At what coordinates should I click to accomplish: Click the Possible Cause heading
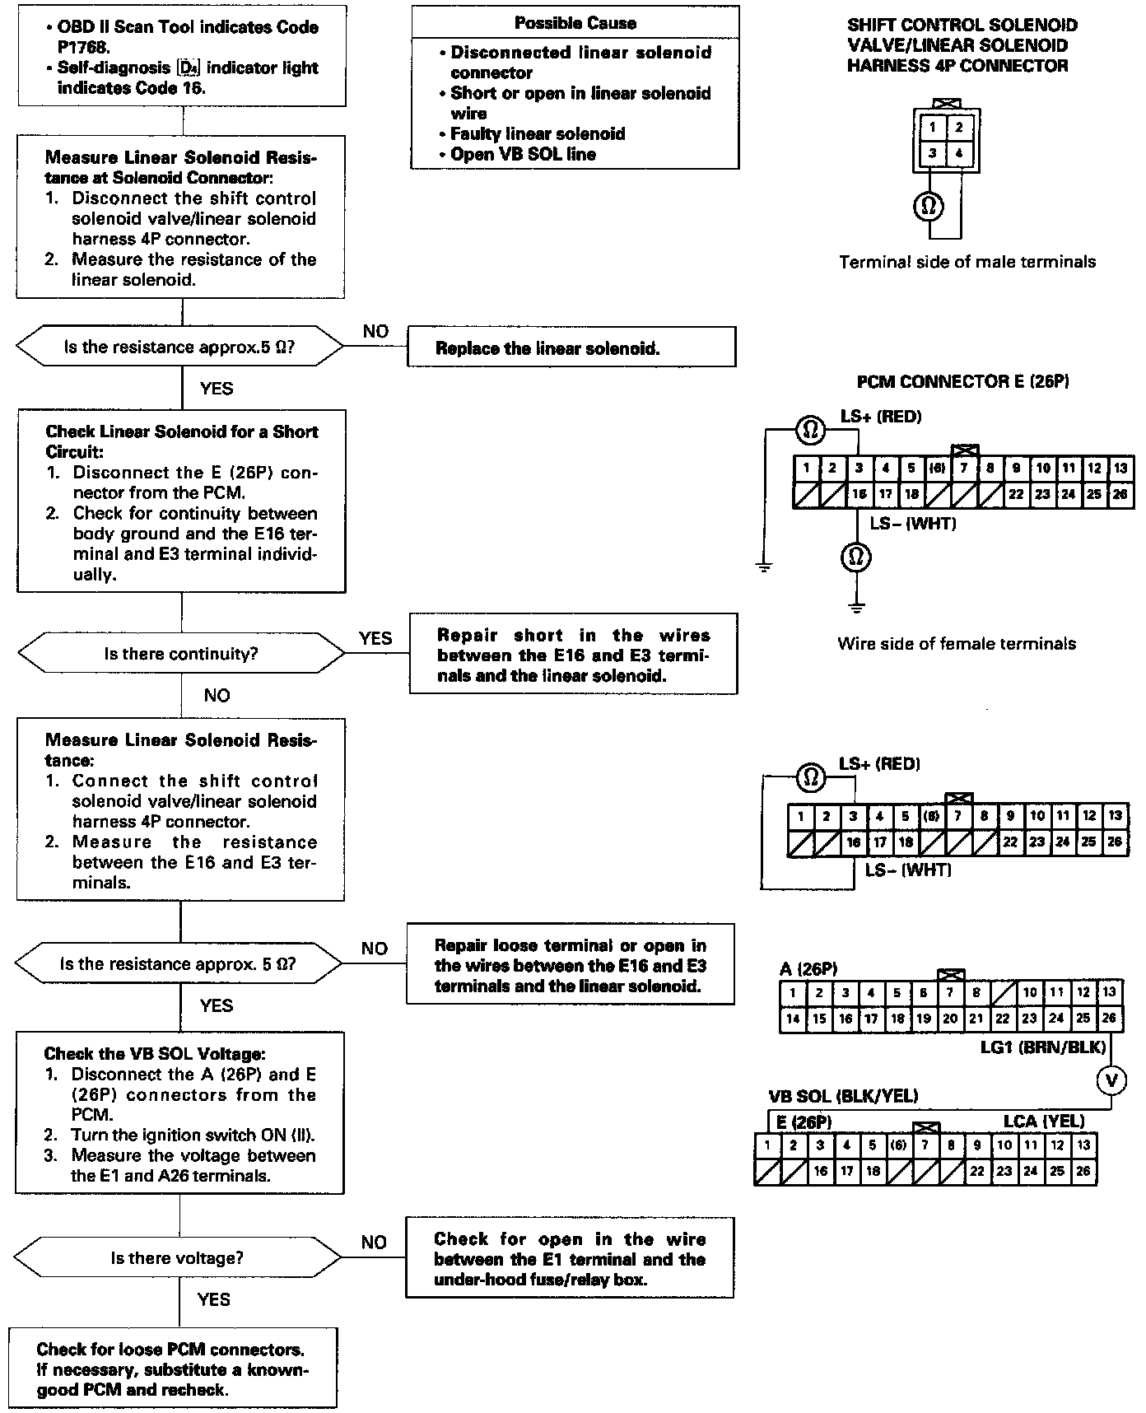(x=575, y=22)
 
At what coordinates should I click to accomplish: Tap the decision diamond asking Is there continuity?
(x=181, y=654)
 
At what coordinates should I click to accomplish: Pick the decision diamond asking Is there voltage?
(x=178, y=1257)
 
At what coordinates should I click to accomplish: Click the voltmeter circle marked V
(x=1112, y=1080)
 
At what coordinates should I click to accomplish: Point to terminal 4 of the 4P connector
(x=959, y=153)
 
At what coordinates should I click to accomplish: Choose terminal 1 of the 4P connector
(x=932, y=128)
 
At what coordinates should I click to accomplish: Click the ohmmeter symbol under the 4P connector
(x=929, y=206)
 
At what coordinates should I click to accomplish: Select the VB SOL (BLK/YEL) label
(x=843, y=1096)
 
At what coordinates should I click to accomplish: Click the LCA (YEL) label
(x=1043, y=1121)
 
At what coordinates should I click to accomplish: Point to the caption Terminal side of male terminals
(x=967, y=262)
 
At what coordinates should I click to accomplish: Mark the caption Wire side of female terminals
(x=956, y=644)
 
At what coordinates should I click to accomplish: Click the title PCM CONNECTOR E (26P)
(x=963, y=381)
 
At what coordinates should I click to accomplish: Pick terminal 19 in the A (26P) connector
(x=924, y=1019)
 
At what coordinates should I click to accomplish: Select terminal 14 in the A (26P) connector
(x=793, y=1019)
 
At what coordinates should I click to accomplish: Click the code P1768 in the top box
(x=83, y=48)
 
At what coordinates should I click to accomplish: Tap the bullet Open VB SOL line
(x=523, y=154)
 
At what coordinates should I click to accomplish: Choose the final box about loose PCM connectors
(x=172, y=1369)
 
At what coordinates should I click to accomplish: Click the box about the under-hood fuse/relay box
(x=570, y=1259)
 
